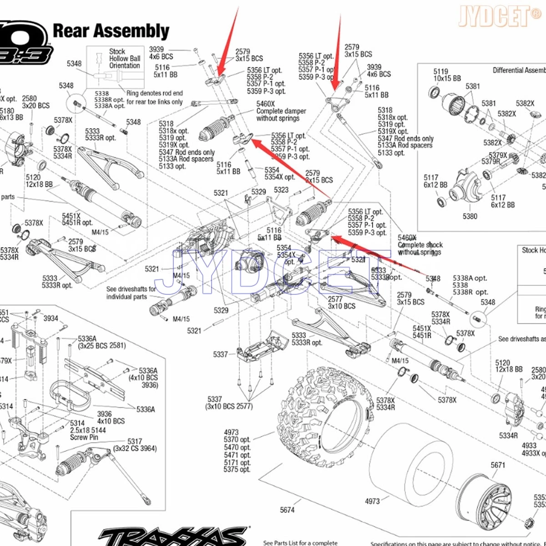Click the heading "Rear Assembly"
tap(111, 31)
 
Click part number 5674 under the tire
tap(287, 510)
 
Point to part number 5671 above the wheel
tap(498, 465)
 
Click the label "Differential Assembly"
tap(519, 70)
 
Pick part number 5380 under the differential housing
tap(470, 216)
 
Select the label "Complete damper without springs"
tap(281, 111)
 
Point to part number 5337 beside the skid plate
tap(220, 354)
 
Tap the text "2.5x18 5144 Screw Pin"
tap(87, 430)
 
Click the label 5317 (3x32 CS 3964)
tap(135, 445)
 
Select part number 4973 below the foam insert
tap(372, 501)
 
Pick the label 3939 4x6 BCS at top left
tap(161, 53)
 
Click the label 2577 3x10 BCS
tap(341, 303)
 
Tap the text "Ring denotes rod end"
tap(154, 93)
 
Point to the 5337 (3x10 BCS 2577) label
tap(228, 403)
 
